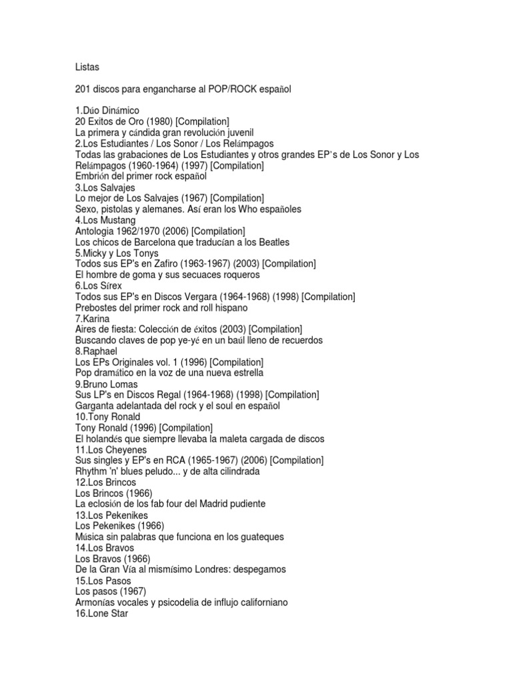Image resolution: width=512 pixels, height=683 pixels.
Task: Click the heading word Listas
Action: (88, 67)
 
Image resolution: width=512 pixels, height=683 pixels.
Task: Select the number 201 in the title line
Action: (85, 89)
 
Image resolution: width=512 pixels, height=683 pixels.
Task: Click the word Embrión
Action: (96, 177)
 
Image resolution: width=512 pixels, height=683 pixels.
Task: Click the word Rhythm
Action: (94, 472)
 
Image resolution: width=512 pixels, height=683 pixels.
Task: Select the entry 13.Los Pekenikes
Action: (111, 516)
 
